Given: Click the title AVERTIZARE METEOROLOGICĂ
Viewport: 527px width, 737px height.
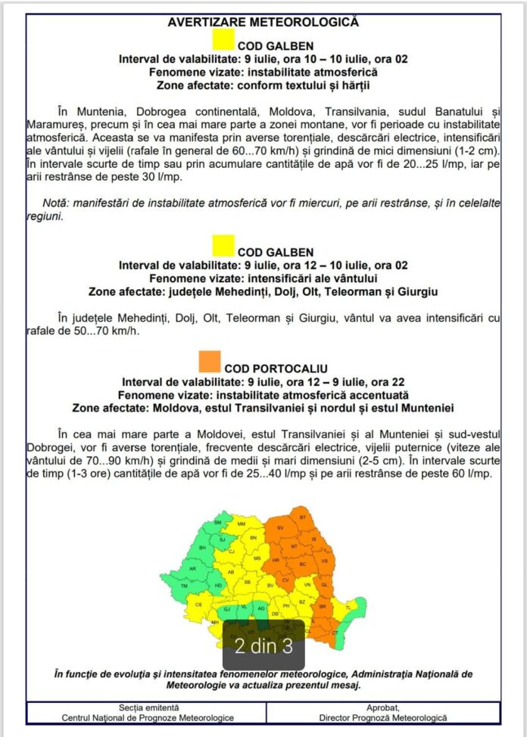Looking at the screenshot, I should click(x=263, y=22).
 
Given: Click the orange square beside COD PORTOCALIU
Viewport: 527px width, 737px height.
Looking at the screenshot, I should click(x=210, y=362).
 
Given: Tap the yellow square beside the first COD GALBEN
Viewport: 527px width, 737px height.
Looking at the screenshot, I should click(x=224, y=39).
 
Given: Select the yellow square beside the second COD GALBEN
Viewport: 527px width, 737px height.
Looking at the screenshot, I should click(x=223, y=246).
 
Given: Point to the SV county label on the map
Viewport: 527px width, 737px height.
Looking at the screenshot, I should click(x=280, y=527).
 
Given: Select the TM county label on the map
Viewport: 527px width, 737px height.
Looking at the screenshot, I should click(x=183, y=586).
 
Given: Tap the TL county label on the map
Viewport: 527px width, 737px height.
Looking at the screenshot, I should click(x=348, y=608).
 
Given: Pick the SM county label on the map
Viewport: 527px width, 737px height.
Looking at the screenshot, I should click(x=219, y=522).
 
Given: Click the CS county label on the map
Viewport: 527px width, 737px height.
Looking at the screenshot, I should click(x=199, y=605).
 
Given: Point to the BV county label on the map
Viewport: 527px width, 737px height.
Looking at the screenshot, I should click(x=270, y=585).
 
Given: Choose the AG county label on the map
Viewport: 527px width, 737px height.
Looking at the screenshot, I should click(x=260, y=608).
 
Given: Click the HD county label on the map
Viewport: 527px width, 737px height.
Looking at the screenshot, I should click(x=218, y=585).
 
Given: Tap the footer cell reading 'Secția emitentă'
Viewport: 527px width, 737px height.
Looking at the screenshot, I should click(x=148, y=707).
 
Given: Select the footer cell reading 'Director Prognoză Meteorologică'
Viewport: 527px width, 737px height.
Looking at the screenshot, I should click(x=382, y=717).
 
